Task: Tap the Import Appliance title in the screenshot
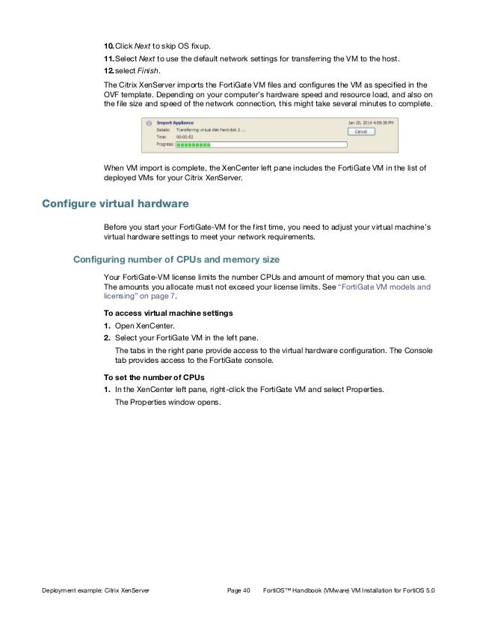pos(172,120)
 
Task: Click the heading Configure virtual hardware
pos(116,204)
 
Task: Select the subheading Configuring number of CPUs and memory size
pos(176,260)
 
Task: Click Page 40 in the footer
pos(238,591)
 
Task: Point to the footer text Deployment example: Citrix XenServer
pos(95,591)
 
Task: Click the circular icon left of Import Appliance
pos(150,121)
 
